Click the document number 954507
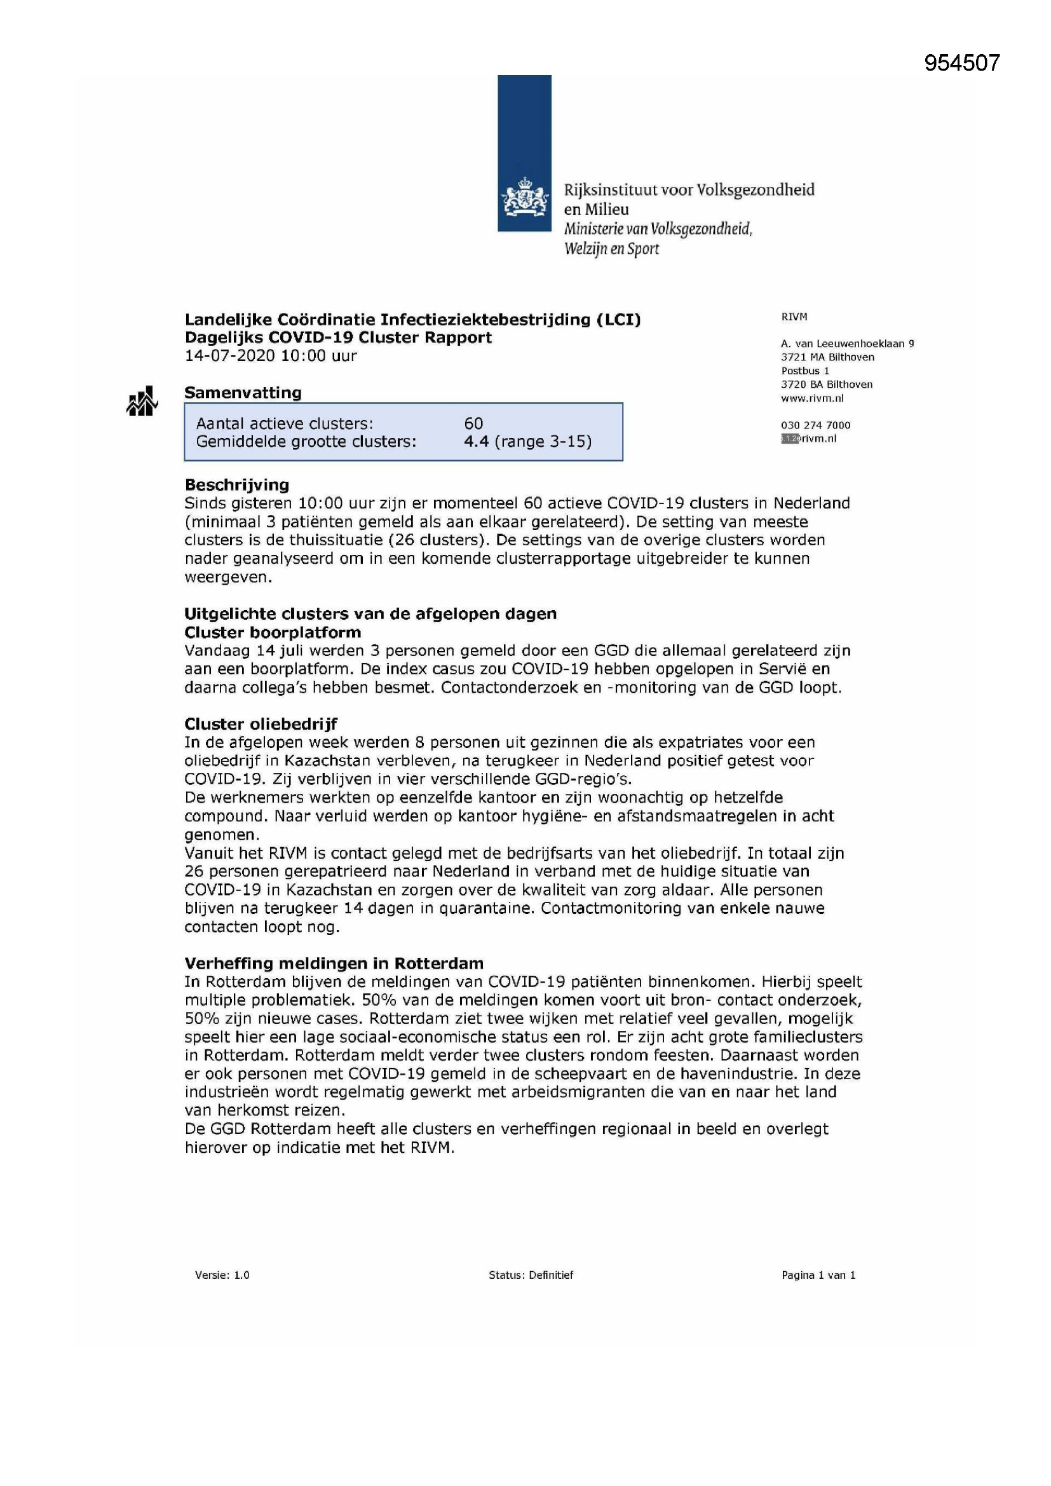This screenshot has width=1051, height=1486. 961,63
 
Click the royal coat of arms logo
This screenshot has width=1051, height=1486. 524,198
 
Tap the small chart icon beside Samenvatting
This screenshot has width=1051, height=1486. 142,401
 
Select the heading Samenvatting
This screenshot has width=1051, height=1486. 243,393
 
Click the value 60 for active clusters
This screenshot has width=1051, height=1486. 474,423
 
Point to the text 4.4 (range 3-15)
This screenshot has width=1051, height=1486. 527,441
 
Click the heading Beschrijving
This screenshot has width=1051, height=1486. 237,485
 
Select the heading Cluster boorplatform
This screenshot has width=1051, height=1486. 273,632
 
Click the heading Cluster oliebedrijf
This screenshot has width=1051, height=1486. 261,723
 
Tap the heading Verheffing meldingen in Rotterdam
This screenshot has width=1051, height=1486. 334,963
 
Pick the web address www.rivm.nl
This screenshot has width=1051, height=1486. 812,398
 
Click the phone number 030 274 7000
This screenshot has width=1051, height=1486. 815,425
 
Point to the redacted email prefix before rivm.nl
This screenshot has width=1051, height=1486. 790,439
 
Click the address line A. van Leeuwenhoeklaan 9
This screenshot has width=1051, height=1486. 847,344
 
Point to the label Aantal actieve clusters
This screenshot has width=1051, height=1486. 285,423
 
